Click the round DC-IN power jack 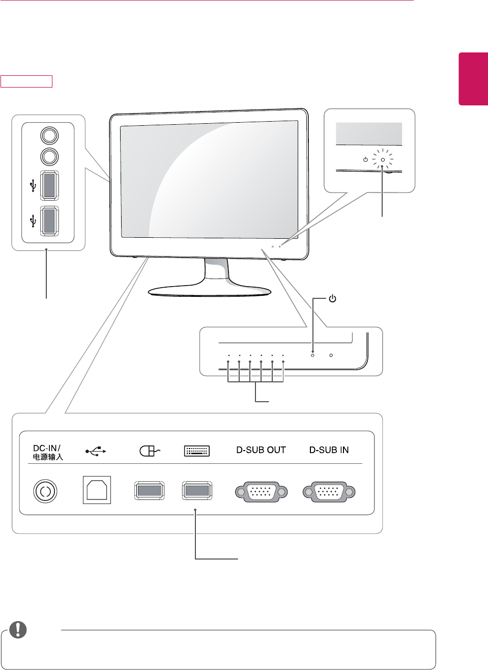(45, 491)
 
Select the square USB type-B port (97, 490)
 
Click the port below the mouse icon (149, 491)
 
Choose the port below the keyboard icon (197, 491)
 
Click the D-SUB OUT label (261, 450)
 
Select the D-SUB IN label (329, 450)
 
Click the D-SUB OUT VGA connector (261, 492)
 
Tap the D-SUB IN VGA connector (329, 492)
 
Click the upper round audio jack (49, 135)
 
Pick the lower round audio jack (49, 156)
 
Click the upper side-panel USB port (49, 184)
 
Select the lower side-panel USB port (49, 220)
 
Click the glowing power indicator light (383, 160)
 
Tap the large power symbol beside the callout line (332, 298)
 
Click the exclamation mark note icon (18, 630)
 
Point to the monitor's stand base (210, 291)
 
